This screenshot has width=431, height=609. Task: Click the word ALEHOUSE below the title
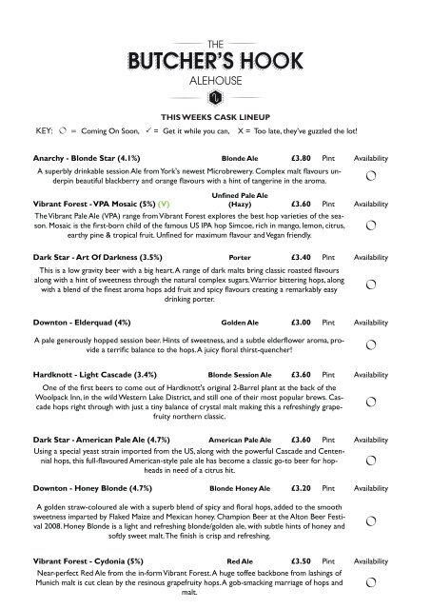tap(215, 80)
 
